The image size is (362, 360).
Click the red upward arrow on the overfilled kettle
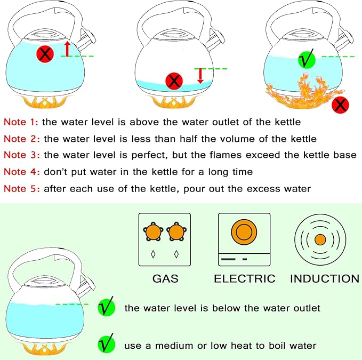click(67, 49)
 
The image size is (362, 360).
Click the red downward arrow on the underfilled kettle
click(200, 75)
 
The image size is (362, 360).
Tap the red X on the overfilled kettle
click(44, 53)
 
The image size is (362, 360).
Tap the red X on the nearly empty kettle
click(174, 82)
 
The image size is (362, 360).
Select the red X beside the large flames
click(340, 105)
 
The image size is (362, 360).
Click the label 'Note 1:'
click(21, 122)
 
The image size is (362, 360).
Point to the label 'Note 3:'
click(21, 155)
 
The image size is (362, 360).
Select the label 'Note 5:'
click(21, 188)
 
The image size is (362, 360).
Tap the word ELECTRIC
click(244, 278)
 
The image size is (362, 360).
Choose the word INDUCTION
click(324, 278)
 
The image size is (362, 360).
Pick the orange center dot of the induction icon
click(319, 239)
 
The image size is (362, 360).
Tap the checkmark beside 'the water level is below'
click(106, 308)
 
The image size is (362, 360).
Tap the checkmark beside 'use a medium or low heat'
click(106, 345)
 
